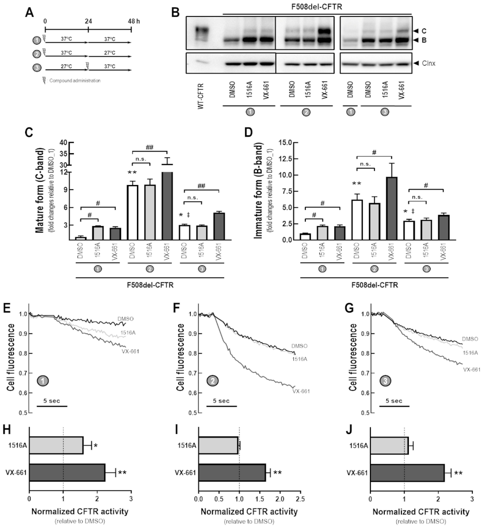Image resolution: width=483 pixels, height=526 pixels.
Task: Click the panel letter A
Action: pos(29,12)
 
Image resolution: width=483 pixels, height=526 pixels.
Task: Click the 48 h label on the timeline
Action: pos(134,21)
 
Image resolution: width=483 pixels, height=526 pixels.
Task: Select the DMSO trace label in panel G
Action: pos(470,339)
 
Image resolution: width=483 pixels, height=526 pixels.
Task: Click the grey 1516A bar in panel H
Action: pos(56,445)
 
